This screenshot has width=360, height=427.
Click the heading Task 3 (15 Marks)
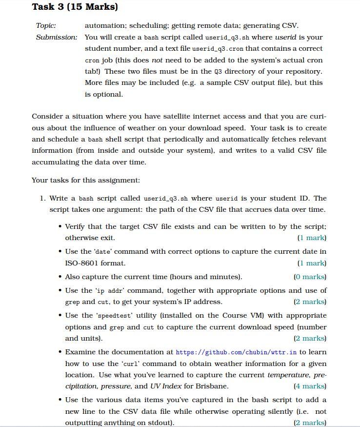pyautogui.click(x=75, y=7)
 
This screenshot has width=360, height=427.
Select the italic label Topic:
pyautogui.click(x=46, y=25)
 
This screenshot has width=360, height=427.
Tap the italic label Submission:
pyautogui.click(x=57, y=37)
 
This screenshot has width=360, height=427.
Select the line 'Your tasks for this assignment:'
pyautogui.click(x=86, y=180)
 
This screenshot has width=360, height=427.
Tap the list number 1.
pyautogui.click(x=42, y=198)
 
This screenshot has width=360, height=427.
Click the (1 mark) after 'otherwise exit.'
pyautogui.click(x=311, y=238)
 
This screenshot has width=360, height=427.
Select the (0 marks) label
pyautogui.click(x=310, y=277)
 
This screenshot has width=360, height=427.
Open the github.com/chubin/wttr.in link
pyautogui.click(x=236, y=352)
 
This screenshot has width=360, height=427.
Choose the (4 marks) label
pyautogui.click(x=310, y=386)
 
